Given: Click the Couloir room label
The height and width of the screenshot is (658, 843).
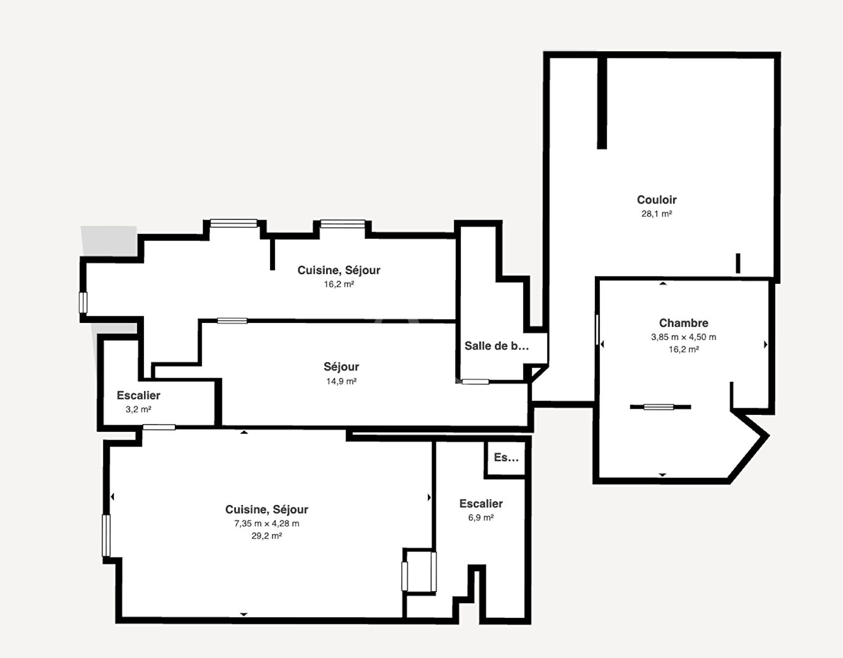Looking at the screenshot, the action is pos(656,200).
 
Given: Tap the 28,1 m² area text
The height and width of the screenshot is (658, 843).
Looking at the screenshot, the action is pos(656,214).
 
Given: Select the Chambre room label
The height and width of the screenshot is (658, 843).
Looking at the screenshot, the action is pos(683,322).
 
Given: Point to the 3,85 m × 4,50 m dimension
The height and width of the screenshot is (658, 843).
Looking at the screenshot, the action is pos(683,337).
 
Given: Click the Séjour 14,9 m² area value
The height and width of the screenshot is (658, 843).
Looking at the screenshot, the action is pos(341,381).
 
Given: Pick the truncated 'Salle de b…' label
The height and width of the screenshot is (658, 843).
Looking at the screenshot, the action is pos(497,345).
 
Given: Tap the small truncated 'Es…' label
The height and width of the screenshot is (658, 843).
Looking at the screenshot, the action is pos(506,457).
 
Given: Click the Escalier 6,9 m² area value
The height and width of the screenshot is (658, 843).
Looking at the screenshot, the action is pos(481,518).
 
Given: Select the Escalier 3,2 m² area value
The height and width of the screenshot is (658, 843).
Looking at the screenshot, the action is pos(138,409).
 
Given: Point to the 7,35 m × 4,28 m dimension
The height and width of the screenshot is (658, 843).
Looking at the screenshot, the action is pos(266,523).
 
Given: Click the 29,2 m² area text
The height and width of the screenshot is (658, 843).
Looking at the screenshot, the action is pos(266,536).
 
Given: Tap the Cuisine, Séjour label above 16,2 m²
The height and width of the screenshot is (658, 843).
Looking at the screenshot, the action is pos(339,270).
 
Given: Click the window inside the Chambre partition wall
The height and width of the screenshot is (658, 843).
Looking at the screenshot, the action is pos(659,407).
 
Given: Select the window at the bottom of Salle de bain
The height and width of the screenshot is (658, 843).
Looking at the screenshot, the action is pos(475,381).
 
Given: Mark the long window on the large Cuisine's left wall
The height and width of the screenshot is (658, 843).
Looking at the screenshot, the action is pos(106,536).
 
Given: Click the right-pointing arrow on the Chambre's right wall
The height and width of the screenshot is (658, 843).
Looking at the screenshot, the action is pos(766,344).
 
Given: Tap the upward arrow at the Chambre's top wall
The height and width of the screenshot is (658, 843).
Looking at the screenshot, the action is pos(663,283).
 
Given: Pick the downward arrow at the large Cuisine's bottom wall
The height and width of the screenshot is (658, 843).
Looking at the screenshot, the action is pos(243,614).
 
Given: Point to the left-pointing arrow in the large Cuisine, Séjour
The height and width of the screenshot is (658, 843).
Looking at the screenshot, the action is pos(112,497).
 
